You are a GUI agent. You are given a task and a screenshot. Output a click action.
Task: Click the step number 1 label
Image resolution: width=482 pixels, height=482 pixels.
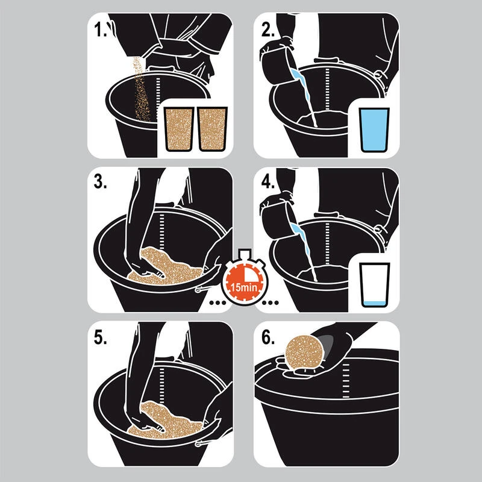pyautogui.click(x=100, y=30)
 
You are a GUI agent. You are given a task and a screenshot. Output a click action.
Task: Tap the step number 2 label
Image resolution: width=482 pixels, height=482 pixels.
pyautogui.click(x=268, y=30)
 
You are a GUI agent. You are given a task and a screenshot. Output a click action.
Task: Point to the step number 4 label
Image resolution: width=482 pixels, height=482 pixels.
pyautogui.click(x=268, y=182)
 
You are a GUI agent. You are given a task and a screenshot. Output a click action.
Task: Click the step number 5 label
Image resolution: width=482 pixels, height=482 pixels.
pyautogui.click(x=100, y=337)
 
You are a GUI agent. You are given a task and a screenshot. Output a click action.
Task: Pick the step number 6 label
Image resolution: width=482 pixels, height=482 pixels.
pyautogui.click(x=268, y=337)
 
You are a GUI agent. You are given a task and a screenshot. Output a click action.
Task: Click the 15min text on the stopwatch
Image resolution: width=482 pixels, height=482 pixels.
pyautogui.click(x=244, y=288)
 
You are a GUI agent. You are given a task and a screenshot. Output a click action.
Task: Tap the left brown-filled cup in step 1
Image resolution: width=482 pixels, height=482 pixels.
pyautogui.click(x=179, y=129)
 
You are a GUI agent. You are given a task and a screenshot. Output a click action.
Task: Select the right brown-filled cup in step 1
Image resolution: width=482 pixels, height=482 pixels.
pyautogui.click(x=213, y=129)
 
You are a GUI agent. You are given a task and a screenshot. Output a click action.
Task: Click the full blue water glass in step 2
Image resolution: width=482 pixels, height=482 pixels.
pyautogui.click(x=374, y=130)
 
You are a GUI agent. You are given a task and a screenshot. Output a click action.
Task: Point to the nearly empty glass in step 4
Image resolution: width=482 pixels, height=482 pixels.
pyautogui.click(x=374, y=285)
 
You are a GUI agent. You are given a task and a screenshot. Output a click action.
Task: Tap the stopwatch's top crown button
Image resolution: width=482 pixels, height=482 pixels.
pyautogui.click(x=245, y=253)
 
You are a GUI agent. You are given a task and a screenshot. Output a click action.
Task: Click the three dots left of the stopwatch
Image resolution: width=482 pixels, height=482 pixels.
pyautogui.click(x=218, y=303)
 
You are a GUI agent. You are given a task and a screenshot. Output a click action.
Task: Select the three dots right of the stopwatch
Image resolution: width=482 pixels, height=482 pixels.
pyautogui.click(x=270, y=303)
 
